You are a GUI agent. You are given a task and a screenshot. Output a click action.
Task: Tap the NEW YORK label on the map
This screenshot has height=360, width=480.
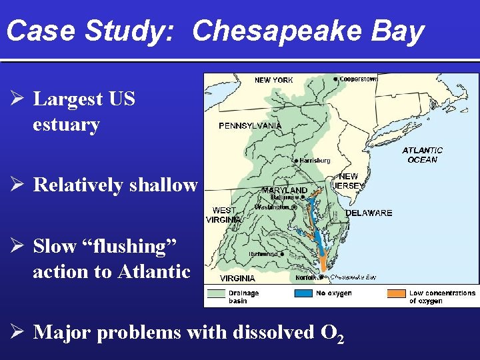273,80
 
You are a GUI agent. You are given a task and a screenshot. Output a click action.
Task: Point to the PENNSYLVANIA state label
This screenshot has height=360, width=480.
250,125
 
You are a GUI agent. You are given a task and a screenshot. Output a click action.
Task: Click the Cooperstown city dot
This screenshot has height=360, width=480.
335,78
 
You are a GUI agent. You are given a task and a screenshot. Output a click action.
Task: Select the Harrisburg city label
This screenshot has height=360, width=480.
315,161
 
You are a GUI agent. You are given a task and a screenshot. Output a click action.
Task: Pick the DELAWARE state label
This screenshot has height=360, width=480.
369,213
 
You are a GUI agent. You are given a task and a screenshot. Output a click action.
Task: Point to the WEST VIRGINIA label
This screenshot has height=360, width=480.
223,215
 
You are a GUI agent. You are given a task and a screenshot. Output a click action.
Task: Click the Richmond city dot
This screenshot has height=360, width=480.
283,254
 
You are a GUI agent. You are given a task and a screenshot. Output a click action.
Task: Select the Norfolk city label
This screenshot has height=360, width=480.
306,277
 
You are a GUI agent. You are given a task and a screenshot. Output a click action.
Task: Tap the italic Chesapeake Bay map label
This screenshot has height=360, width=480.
353,277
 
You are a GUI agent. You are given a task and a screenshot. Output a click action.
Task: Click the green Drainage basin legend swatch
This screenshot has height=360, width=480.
216,293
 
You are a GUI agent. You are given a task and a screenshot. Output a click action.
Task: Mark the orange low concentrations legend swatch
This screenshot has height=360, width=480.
397,293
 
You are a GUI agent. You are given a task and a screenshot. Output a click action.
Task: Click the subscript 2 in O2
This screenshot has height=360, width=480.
341,338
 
